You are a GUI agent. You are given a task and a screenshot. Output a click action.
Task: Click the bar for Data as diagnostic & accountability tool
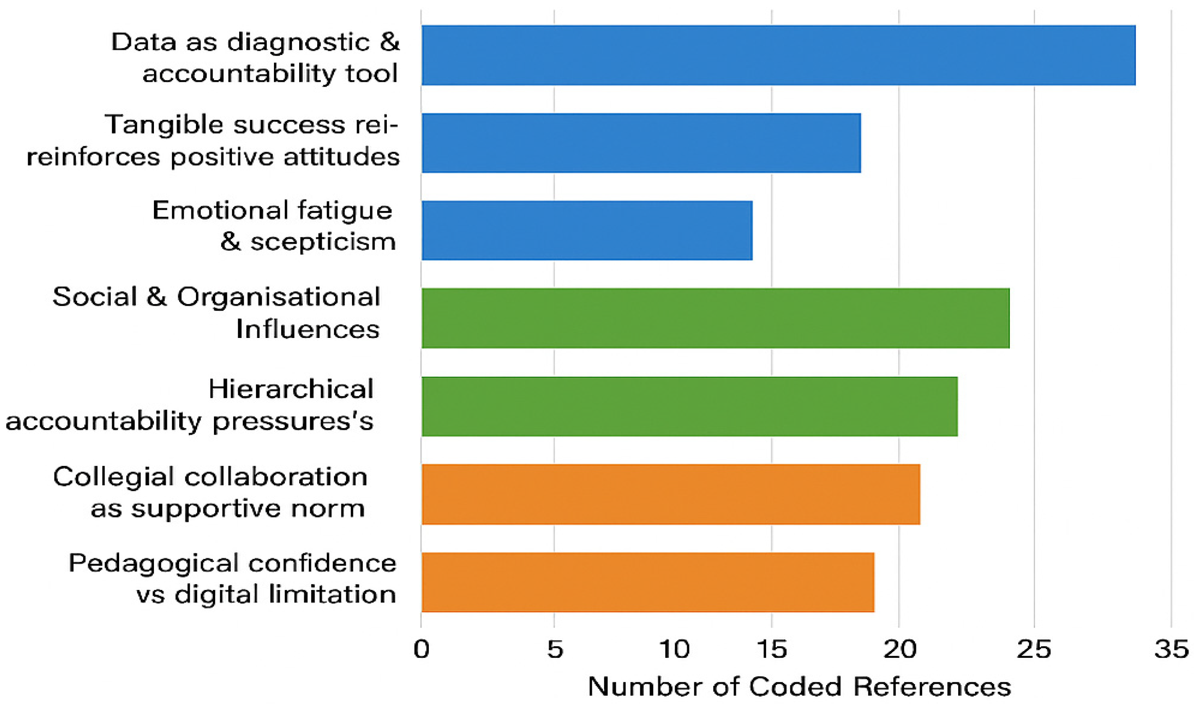pos(778,55)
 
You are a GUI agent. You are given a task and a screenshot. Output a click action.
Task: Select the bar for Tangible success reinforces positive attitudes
pos(641,143)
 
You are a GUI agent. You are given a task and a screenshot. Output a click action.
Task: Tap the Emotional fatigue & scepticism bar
pos(587,231)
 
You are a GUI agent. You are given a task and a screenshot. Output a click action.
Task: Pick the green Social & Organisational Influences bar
pos(715,318)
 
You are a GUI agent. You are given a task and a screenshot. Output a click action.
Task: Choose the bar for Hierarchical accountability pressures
pos(690,406)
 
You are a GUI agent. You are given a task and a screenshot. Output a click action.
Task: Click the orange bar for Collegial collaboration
pos(670,494)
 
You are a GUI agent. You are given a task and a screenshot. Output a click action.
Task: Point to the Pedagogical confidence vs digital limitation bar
pos(648,582)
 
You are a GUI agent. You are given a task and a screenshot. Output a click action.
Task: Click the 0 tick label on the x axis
pos(421,649)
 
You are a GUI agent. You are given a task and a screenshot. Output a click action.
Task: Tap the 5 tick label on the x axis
pos(555,649)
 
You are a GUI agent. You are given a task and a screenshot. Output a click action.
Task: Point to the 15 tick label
pos(772,649)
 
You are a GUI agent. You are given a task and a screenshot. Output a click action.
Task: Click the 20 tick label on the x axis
pos(900,649)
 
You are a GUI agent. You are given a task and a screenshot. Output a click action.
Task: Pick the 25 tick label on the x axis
pos(1034,649)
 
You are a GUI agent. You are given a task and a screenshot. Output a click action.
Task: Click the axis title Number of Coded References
pos(800,686)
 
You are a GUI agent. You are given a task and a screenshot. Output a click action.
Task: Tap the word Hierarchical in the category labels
pos(291,390)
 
